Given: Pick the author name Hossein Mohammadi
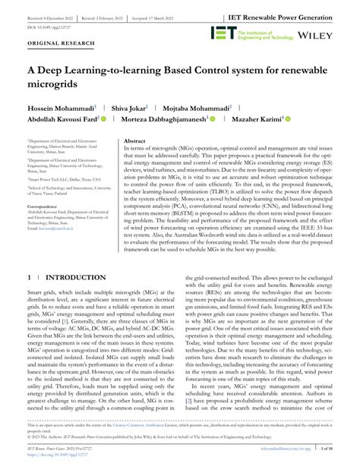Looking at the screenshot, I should pos(62,109).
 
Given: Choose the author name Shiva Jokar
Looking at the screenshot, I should pos(130,109).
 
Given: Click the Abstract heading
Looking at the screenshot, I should pos(134,141).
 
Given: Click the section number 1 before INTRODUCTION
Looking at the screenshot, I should pos(30,257).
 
